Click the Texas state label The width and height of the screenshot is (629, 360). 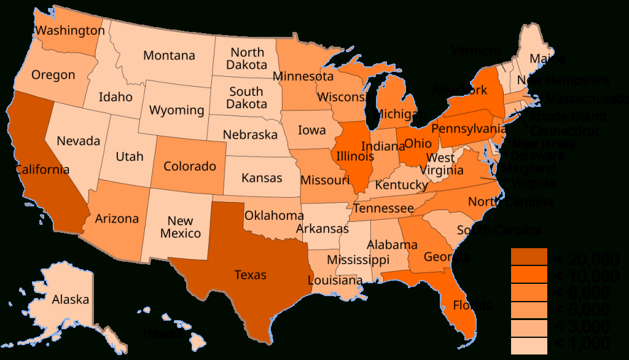[x=251, y=275]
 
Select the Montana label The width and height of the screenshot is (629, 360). [x=169, y=55]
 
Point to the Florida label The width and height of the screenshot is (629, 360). [x=472, y=305]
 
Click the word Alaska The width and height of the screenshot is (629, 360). [x=71, y=300]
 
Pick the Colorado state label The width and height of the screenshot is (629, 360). [x=190, y=166]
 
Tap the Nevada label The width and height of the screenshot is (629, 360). [x=78, y=141]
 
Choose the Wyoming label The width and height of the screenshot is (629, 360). [x=177, y=111]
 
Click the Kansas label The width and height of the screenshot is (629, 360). [x=262, y=178]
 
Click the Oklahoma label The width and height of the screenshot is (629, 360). [x=274, y=216]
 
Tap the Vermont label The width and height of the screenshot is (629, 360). [x=475, y=50]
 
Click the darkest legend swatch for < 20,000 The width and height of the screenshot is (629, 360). [x=529, y=257]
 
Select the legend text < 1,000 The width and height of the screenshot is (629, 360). [x=583, y=343]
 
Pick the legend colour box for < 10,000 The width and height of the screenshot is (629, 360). [x=529, y=275]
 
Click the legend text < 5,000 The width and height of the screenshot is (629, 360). [x=583, y=309]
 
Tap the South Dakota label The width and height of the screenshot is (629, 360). [x=246, y=98]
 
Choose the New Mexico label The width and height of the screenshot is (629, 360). [x=181, y=227]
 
